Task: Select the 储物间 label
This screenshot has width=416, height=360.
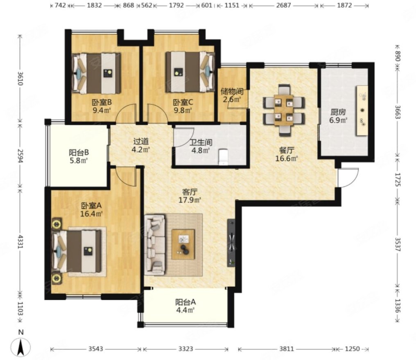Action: coord(232,92)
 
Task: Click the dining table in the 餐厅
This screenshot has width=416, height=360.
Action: coord(284,110)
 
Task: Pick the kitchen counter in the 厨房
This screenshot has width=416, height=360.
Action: coord(362,110)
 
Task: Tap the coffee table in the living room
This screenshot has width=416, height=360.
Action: coord(183,244)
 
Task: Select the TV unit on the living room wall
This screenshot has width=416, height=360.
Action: coord(231,243)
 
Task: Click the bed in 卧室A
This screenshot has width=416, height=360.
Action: coord(77,251)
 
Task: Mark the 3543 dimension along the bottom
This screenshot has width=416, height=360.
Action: coord(95,349)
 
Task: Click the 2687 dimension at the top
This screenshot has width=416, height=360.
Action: coord(283,5)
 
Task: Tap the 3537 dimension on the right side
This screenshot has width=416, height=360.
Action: coord(397,244)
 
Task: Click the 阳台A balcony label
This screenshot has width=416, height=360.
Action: coord(185,302)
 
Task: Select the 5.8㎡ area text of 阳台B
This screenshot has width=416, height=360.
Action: coord(79,161)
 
